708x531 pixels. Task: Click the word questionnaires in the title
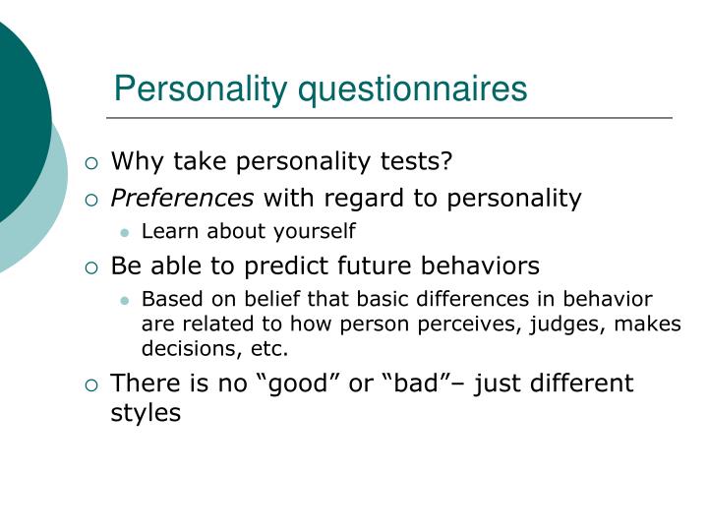413,89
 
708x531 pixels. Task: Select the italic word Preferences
182,199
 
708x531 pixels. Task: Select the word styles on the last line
146,413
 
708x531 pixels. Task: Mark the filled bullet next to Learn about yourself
125,233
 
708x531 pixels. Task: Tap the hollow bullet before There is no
90,384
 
